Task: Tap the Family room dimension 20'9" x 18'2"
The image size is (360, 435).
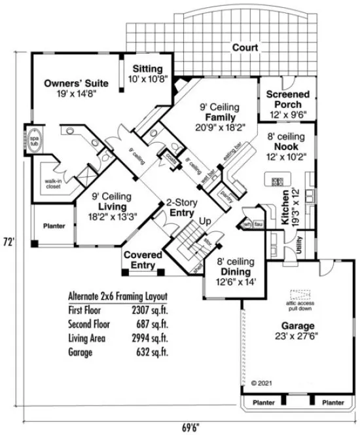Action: coord(221,128)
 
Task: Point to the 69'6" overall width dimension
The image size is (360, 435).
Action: coord(189,427)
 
